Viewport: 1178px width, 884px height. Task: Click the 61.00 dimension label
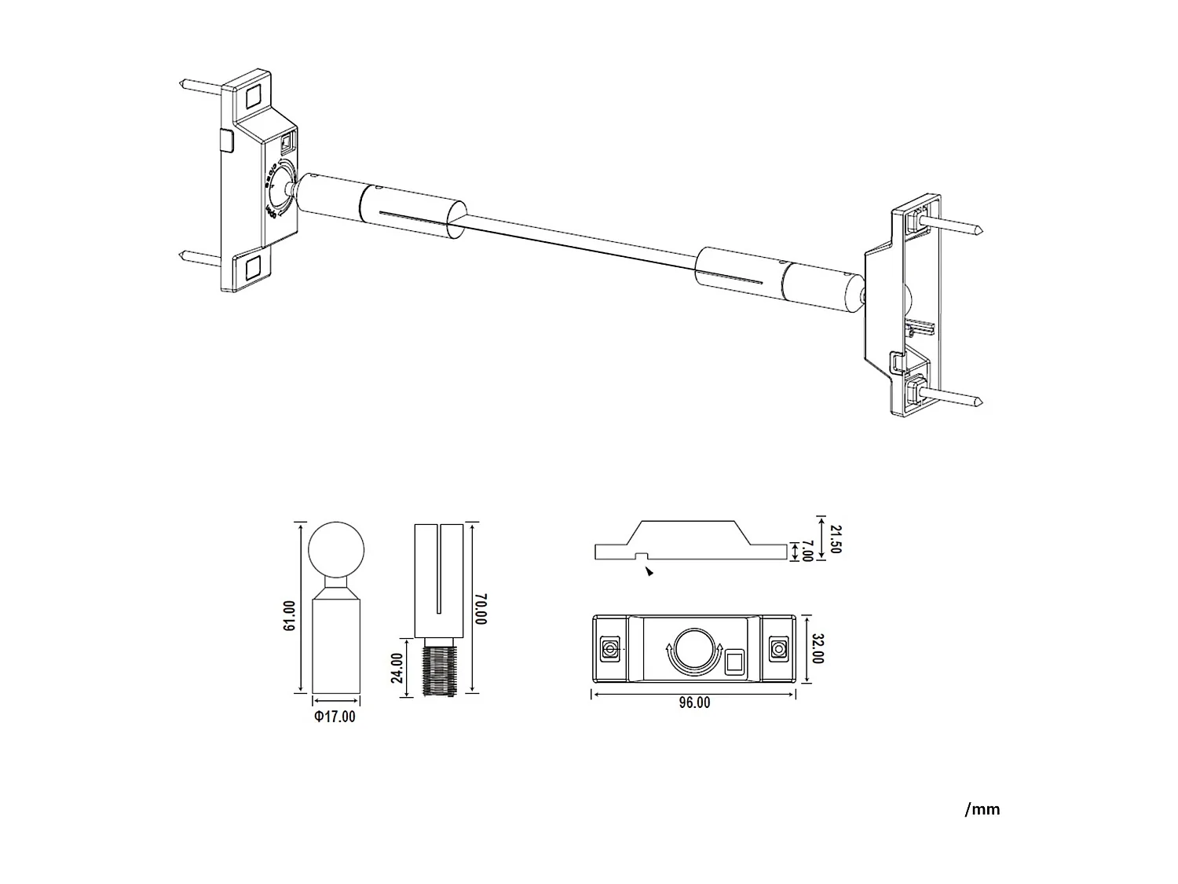tap(289, 615)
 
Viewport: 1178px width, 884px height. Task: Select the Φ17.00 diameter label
tap(335, 716)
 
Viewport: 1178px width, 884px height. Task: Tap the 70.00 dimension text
tap(481, 608)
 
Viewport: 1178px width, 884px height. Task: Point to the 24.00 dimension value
tap(397, 668)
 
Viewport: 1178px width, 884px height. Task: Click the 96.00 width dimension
tap(694, 702)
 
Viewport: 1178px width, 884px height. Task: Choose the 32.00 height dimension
tap(818, 649)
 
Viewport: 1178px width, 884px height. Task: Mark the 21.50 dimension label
tap(834, 538)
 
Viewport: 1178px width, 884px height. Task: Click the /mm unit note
tap(982, 809)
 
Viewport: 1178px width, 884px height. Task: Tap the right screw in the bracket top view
tap(778, 649)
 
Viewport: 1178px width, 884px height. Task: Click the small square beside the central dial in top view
tap(734, 662)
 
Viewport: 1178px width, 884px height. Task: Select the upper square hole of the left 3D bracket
tap(253, 97)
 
